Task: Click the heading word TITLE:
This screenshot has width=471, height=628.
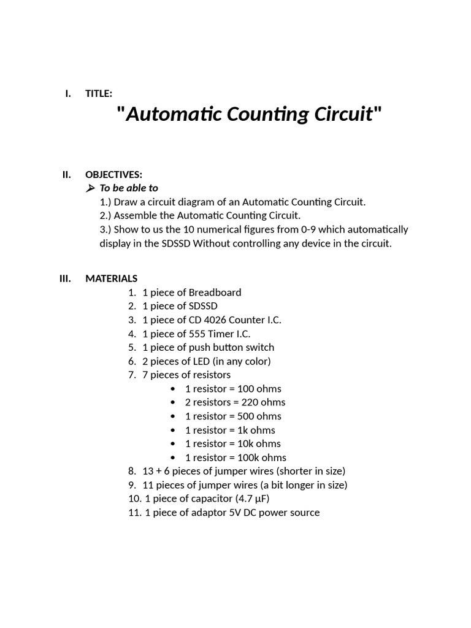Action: click(99, 93)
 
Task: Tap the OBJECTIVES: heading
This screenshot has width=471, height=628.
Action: click(113, 175)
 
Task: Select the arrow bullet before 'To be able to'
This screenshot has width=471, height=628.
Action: click(91, 188)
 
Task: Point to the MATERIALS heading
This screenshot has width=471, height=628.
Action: click(111, 278)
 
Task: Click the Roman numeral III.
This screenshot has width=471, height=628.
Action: click(65, 278)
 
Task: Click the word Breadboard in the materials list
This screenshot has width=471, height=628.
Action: click(215, 293)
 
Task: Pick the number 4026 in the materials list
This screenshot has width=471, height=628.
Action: click(213, 320)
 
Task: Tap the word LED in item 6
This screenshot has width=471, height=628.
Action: click(204, 361)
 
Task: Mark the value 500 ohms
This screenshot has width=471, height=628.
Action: click(261, 416)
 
